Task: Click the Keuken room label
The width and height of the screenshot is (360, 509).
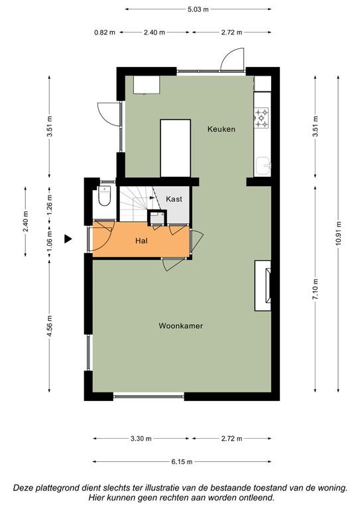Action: [221, 129]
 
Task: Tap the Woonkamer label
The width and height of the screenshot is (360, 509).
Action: [181, 326]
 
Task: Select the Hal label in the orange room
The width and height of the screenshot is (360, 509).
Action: [141, 241]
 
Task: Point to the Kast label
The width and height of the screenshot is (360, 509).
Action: [174, 199]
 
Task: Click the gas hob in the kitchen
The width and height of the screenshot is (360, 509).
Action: [262, 117]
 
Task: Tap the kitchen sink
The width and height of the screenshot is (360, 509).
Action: [263, 166]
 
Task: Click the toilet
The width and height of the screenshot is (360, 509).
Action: [104, 196]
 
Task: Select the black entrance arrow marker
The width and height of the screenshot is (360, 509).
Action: [68, 239]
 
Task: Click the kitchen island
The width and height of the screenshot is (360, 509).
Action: [175, 148]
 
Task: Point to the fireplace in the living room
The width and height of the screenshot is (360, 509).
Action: [263, 286]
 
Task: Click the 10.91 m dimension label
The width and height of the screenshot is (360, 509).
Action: [338, 233]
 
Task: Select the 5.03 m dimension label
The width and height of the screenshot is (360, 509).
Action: [198, 9]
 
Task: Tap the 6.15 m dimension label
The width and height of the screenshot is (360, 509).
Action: [182, 461]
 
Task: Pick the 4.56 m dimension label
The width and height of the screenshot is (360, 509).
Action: [49, 326]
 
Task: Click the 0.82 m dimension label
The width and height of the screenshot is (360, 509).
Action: [105, 32]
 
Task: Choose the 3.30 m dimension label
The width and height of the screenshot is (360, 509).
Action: [141, 439]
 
